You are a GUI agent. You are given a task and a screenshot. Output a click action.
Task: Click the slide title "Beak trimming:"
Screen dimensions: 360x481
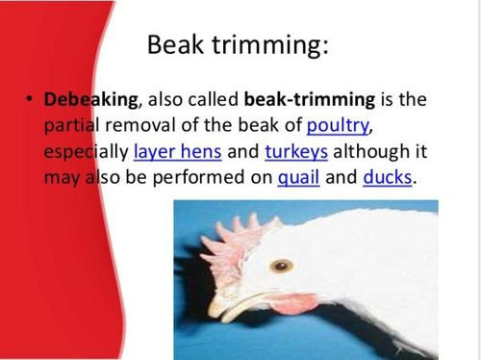pyautogui.click(x=238, y=45)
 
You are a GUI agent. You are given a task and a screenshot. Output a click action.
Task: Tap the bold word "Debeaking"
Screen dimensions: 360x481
pyautogui.click(x=83, y=100)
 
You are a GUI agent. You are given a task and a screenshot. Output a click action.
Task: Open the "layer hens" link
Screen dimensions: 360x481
pyautogui.click(x=175, y=152)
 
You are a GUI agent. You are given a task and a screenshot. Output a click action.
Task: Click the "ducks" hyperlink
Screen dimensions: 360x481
pyautogui.click(x=387, y=177)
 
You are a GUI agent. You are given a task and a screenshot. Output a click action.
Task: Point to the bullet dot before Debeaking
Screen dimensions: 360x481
pyautogui.click(x=31, y=100)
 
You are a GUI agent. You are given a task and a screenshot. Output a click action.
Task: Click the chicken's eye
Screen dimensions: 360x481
pyautogui.click(x=281, y=265)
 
